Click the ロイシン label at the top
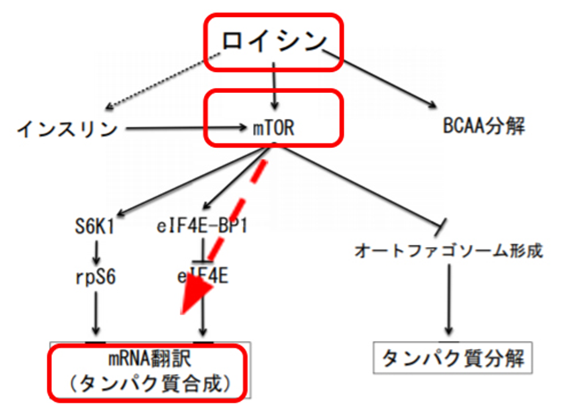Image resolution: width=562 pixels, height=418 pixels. point(274,41)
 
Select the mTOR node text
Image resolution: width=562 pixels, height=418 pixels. point(274,128)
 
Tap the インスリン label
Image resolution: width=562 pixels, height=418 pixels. point(67,128)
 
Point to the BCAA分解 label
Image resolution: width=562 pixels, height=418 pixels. point(484,126)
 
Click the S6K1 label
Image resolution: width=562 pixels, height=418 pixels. point(95,227)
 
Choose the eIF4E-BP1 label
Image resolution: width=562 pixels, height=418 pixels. point(202,227)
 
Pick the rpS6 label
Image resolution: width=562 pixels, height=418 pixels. point(95,277)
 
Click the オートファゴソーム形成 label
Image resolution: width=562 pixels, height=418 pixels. point(449,251)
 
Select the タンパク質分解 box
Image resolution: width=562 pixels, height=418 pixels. point(453,358)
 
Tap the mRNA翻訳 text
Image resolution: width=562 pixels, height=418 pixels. point(150,359)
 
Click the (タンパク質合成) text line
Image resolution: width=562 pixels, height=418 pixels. point(150,384)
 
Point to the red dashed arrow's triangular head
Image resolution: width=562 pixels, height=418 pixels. point(196,296)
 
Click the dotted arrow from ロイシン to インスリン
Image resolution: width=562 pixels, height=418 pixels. point(164,81)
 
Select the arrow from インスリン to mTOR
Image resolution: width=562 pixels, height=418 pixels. point(187,128)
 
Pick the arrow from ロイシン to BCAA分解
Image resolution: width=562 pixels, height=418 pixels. point(379,78)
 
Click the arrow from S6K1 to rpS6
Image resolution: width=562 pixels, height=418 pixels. point(95,252)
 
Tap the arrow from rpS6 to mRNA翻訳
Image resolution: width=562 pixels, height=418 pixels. point(95,313)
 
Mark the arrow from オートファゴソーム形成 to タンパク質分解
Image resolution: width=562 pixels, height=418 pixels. point(449,300)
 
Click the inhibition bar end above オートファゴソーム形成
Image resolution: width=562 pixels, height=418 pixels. point(440,227)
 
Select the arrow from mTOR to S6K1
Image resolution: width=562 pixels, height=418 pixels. point(194,181)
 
